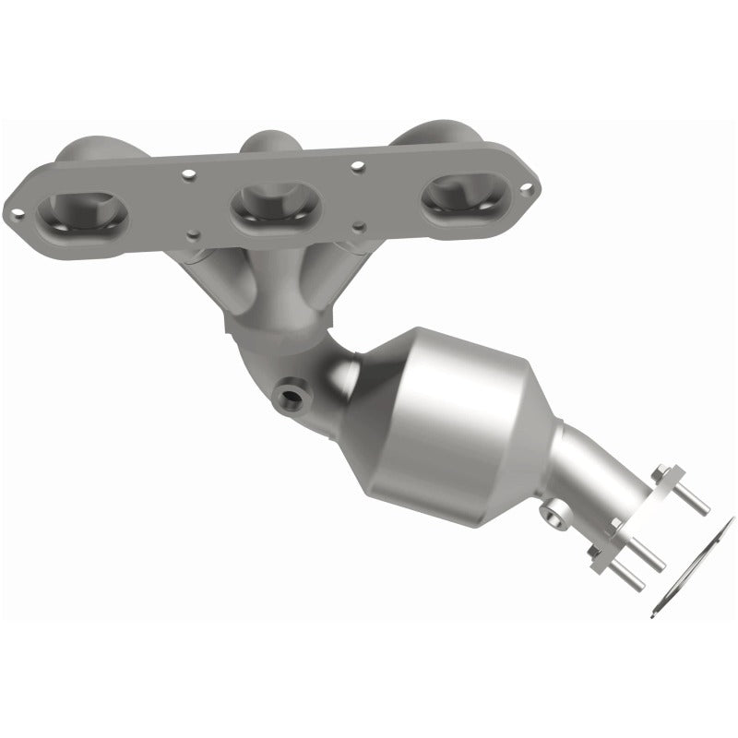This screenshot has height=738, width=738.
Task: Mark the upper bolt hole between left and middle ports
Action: pos(187,173)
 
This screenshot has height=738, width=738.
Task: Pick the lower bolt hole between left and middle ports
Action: pos(191,234)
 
